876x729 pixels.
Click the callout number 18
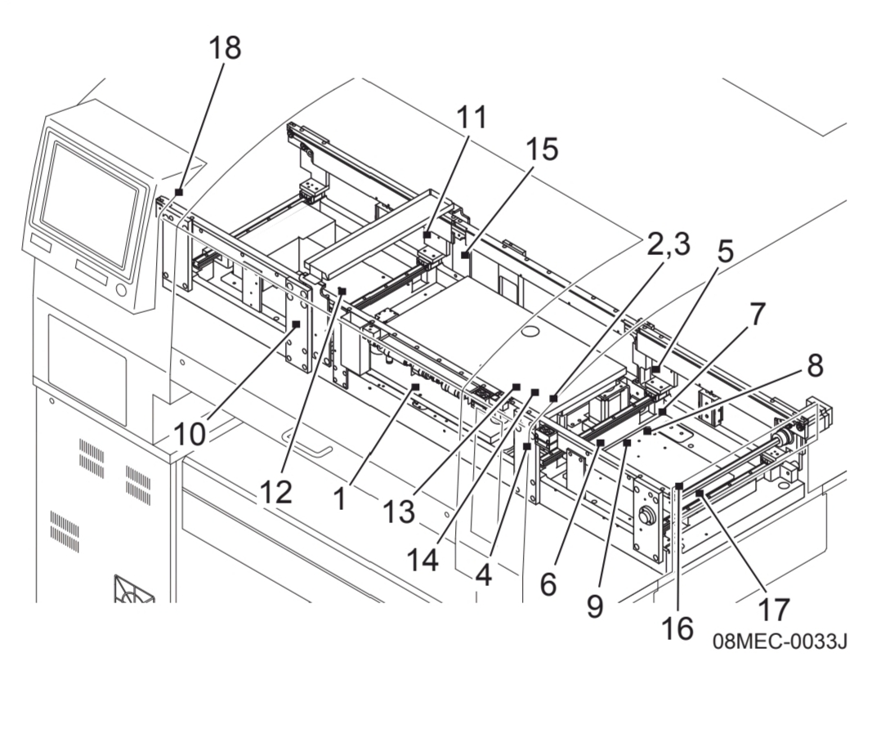226,47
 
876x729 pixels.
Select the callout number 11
472,118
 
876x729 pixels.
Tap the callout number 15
541,150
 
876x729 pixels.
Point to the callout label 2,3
668,244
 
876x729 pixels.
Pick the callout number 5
725,252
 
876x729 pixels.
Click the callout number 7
757,314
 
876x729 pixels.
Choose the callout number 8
815,366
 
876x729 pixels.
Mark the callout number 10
190,433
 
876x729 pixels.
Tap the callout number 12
276,492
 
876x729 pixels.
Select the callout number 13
399,511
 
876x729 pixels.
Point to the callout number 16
677,628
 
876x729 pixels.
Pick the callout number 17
774,610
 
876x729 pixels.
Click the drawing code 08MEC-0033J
780,642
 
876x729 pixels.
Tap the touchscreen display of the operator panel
89,203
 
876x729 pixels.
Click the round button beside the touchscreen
121,289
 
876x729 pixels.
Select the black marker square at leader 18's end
179,191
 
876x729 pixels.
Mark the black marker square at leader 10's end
296,324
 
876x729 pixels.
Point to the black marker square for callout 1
415,387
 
